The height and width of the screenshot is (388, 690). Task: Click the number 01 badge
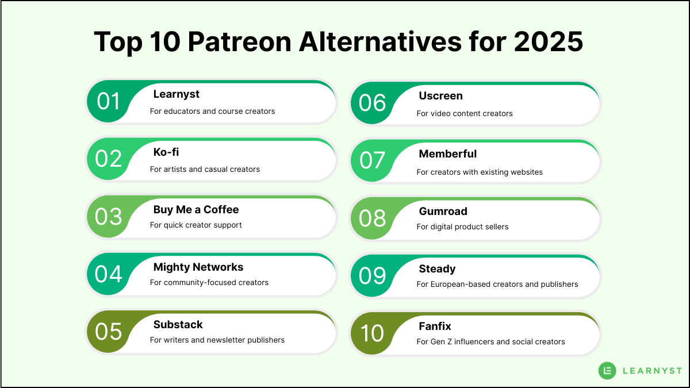click(x=108, y=101)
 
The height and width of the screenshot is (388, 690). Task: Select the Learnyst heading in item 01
click(x=177, y=94)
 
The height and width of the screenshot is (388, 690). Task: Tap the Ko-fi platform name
click(x=166, y=152)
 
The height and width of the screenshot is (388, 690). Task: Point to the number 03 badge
click(x=108, y=217)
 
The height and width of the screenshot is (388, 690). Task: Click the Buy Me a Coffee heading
click(x=196, y=209)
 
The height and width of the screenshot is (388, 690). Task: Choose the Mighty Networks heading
click(x=198, y=267)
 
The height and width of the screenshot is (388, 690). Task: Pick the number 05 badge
click(x=108, y=332)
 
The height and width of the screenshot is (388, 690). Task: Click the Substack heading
click(x=178, y=324)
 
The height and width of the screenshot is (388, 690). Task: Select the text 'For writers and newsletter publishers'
click(x=217, y=340)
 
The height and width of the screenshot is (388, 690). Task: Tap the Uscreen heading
click(x=441, y=95)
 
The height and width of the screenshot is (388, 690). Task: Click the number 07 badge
click(x=373, y=160)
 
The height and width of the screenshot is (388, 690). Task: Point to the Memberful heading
click(x=448, y=153)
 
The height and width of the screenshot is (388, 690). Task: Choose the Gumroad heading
click(x=443, y=211)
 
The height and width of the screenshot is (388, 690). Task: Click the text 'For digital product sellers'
click(x=463, y=226)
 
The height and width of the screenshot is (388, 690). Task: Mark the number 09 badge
click(x=373, y=276)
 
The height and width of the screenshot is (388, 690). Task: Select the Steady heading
click(x=438, y=268)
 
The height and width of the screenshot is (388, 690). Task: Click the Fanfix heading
click(x=435, y=326)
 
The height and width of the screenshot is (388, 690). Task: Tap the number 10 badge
click(x=373, y=333)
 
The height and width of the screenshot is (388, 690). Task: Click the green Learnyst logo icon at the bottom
click(x=607, y=371)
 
